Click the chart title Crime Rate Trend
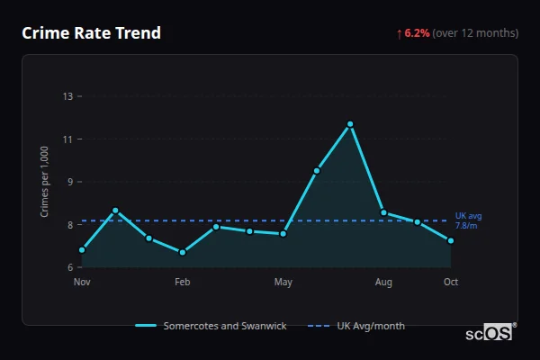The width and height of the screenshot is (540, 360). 92,33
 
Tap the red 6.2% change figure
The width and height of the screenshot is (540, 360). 417,33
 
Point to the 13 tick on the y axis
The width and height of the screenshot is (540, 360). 67,96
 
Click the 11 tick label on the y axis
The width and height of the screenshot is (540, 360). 67,139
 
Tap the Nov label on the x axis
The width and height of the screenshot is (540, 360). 82,283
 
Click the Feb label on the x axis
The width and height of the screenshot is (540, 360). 183,283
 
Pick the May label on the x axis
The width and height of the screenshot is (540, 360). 283,283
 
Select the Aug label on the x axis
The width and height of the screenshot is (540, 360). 383,283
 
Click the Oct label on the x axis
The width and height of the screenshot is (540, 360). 451,283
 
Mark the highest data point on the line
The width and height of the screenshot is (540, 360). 350,124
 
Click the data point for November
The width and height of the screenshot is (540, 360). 82,250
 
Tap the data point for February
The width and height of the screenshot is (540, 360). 183,252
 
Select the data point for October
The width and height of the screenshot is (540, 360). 451,240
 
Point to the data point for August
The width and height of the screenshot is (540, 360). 383,212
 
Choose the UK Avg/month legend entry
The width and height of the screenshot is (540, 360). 357,326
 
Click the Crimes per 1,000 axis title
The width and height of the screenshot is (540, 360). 44,182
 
